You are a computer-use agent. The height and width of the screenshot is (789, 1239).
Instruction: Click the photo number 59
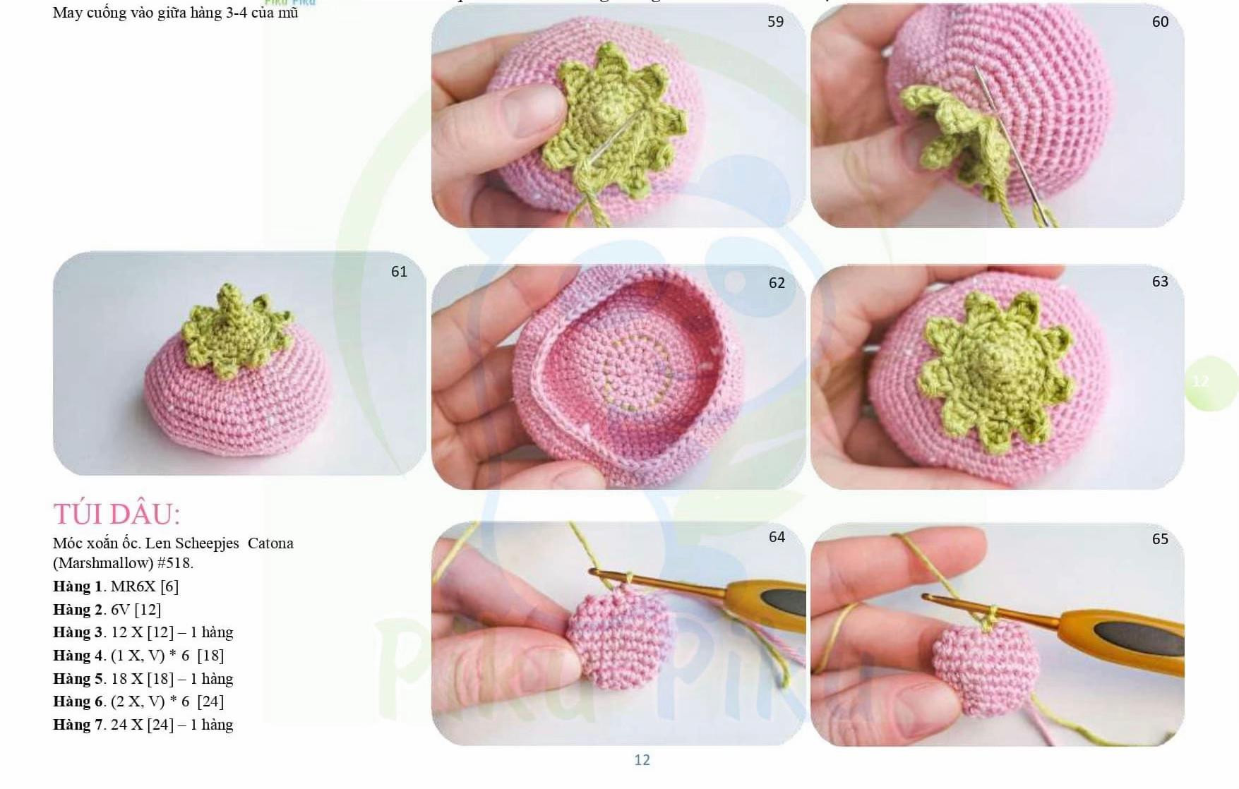point(775,22)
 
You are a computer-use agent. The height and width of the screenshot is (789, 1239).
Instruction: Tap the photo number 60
point(1160,22)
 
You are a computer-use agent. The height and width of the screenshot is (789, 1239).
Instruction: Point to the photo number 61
point(399,272)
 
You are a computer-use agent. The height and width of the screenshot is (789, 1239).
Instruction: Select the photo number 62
point(777,283)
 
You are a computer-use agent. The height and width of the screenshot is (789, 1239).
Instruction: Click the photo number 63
point(1160,282)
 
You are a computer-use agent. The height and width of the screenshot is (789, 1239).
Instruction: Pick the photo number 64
point(777,537)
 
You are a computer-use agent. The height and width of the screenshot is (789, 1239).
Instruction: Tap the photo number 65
point(1160,539)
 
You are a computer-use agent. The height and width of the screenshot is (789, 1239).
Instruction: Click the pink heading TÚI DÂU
point(116,514)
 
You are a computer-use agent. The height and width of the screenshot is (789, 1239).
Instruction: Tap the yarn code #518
point(175,563)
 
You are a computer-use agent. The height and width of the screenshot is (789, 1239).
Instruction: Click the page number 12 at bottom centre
point(642,760)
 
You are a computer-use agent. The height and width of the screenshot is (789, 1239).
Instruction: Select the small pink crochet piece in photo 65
point(985,663)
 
